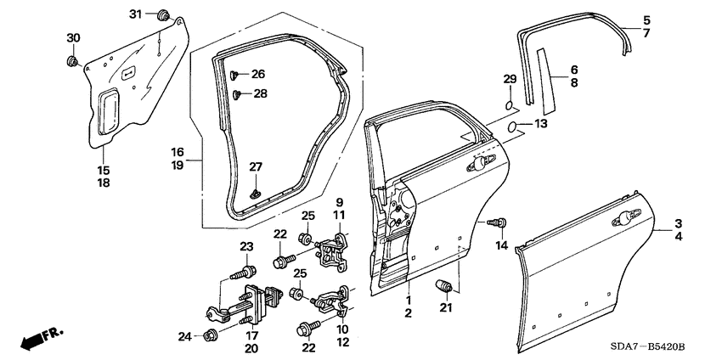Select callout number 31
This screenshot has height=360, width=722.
pos(136,14)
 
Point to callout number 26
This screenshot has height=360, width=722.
pos(257,75)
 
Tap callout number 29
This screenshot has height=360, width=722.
pos(509,79)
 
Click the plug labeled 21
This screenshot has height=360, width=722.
pos(442,284)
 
